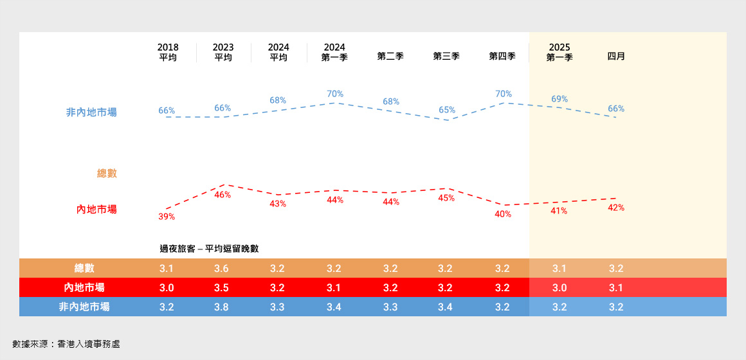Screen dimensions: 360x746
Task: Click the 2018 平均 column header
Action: [x=168, y=52]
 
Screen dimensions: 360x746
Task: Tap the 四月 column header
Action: [x=616, y=56]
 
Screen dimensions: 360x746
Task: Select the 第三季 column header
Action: [x=446, y=56]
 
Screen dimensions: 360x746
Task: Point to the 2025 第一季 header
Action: [x=559, y=52]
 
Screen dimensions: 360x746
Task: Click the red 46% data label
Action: [x=223, y=195]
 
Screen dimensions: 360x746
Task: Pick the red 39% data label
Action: [x=167, y=217]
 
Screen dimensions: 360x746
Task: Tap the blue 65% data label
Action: [x=447, y=110]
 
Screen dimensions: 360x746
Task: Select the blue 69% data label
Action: [x=559, y=99]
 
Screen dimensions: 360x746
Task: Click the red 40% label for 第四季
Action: [x=503, y=214]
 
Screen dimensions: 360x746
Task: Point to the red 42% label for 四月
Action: [x=616, y=208]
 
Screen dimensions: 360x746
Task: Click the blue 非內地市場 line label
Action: [x=91, y=113]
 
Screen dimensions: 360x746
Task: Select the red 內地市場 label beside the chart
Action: [x=96, y=210]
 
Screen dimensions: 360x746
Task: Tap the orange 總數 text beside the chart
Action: [x=107, y=174]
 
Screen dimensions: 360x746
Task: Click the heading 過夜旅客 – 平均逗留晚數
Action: [x=209, y=249]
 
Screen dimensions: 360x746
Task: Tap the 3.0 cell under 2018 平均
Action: [x=167, y=288]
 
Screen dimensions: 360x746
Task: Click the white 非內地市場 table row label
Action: [x=84, y=307]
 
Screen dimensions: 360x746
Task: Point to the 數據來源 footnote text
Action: [x=66, y=344]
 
